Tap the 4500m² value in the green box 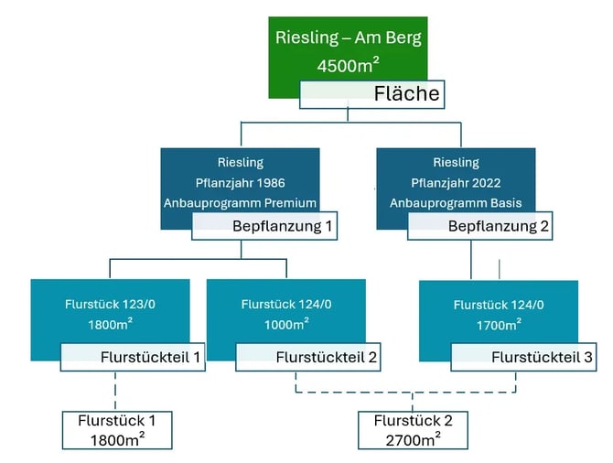pos(348,66)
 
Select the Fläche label pos(406,93)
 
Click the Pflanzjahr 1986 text pos(241,182)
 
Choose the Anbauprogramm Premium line pos(241,202)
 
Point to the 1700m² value pos(499,324)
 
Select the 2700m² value pos(413,440)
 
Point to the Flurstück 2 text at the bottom pos(413,422)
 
